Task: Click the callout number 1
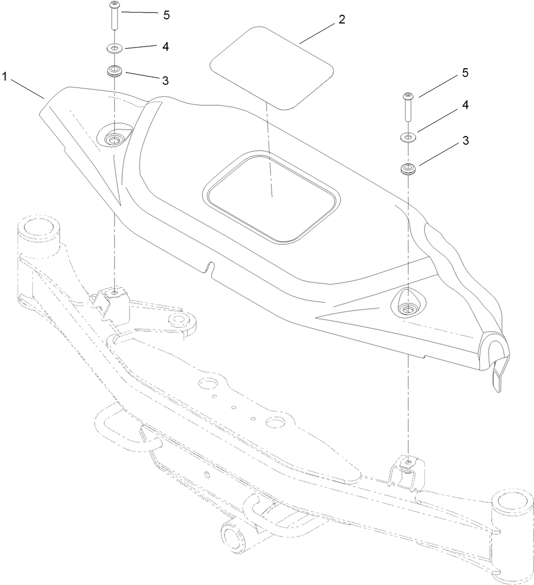(x=5, y=77)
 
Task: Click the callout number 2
(x=341, y=20)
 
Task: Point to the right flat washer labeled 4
(x=408, y=137)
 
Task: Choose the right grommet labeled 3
(x=407, y=168)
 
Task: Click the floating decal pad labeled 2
(x=271, y=66)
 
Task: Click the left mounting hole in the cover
(x=115, y=138)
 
